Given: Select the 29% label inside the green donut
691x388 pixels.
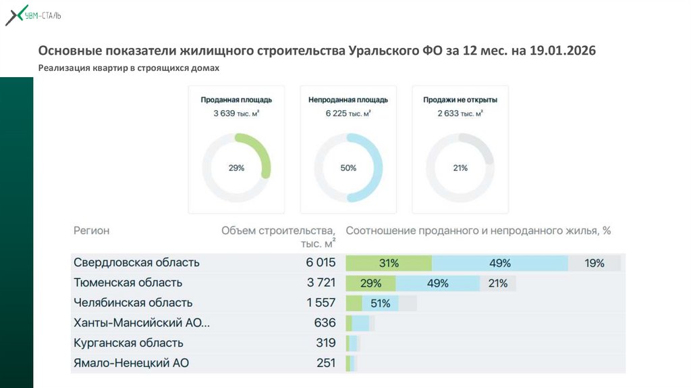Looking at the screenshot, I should coord(236,168).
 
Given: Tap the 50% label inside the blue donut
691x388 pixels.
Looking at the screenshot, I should coord(348,168).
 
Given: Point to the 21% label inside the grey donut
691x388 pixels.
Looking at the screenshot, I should coord(460,168).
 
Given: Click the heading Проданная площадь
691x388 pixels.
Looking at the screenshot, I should coord(236,100).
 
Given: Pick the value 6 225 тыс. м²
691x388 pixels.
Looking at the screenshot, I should coord(348,114).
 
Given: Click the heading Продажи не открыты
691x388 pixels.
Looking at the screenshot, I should coord(460,100).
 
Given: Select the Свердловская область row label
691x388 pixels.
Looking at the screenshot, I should coord(136,263).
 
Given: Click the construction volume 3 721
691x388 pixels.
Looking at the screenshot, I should coord(321,283).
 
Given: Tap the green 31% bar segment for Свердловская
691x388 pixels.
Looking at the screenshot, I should coord(389,263).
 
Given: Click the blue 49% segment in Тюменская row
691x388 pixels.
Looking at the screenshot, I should coord(438,283).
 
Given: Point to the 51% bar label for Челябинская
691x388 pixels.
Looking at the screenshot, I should coord(380,304).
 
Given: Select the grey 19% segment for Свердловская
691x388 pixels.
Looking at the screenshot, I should coord(595,263).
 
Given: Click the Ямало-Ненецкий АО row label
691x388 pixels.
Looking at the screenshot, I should coord(131,363).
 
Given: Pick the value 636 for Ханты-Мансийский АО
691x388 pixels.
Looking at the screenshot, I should coord(325,323).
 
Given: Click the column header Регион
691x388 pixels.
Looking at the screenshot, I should coord(91,231).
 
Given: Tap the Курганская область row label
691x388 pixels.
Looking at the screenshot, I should coord(128,343).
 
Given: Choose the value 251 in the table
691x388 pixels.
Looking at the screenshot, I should coord(326,363).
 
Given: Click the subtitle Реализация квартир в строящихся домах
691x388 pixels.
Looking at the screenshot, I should coord(129,68).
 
